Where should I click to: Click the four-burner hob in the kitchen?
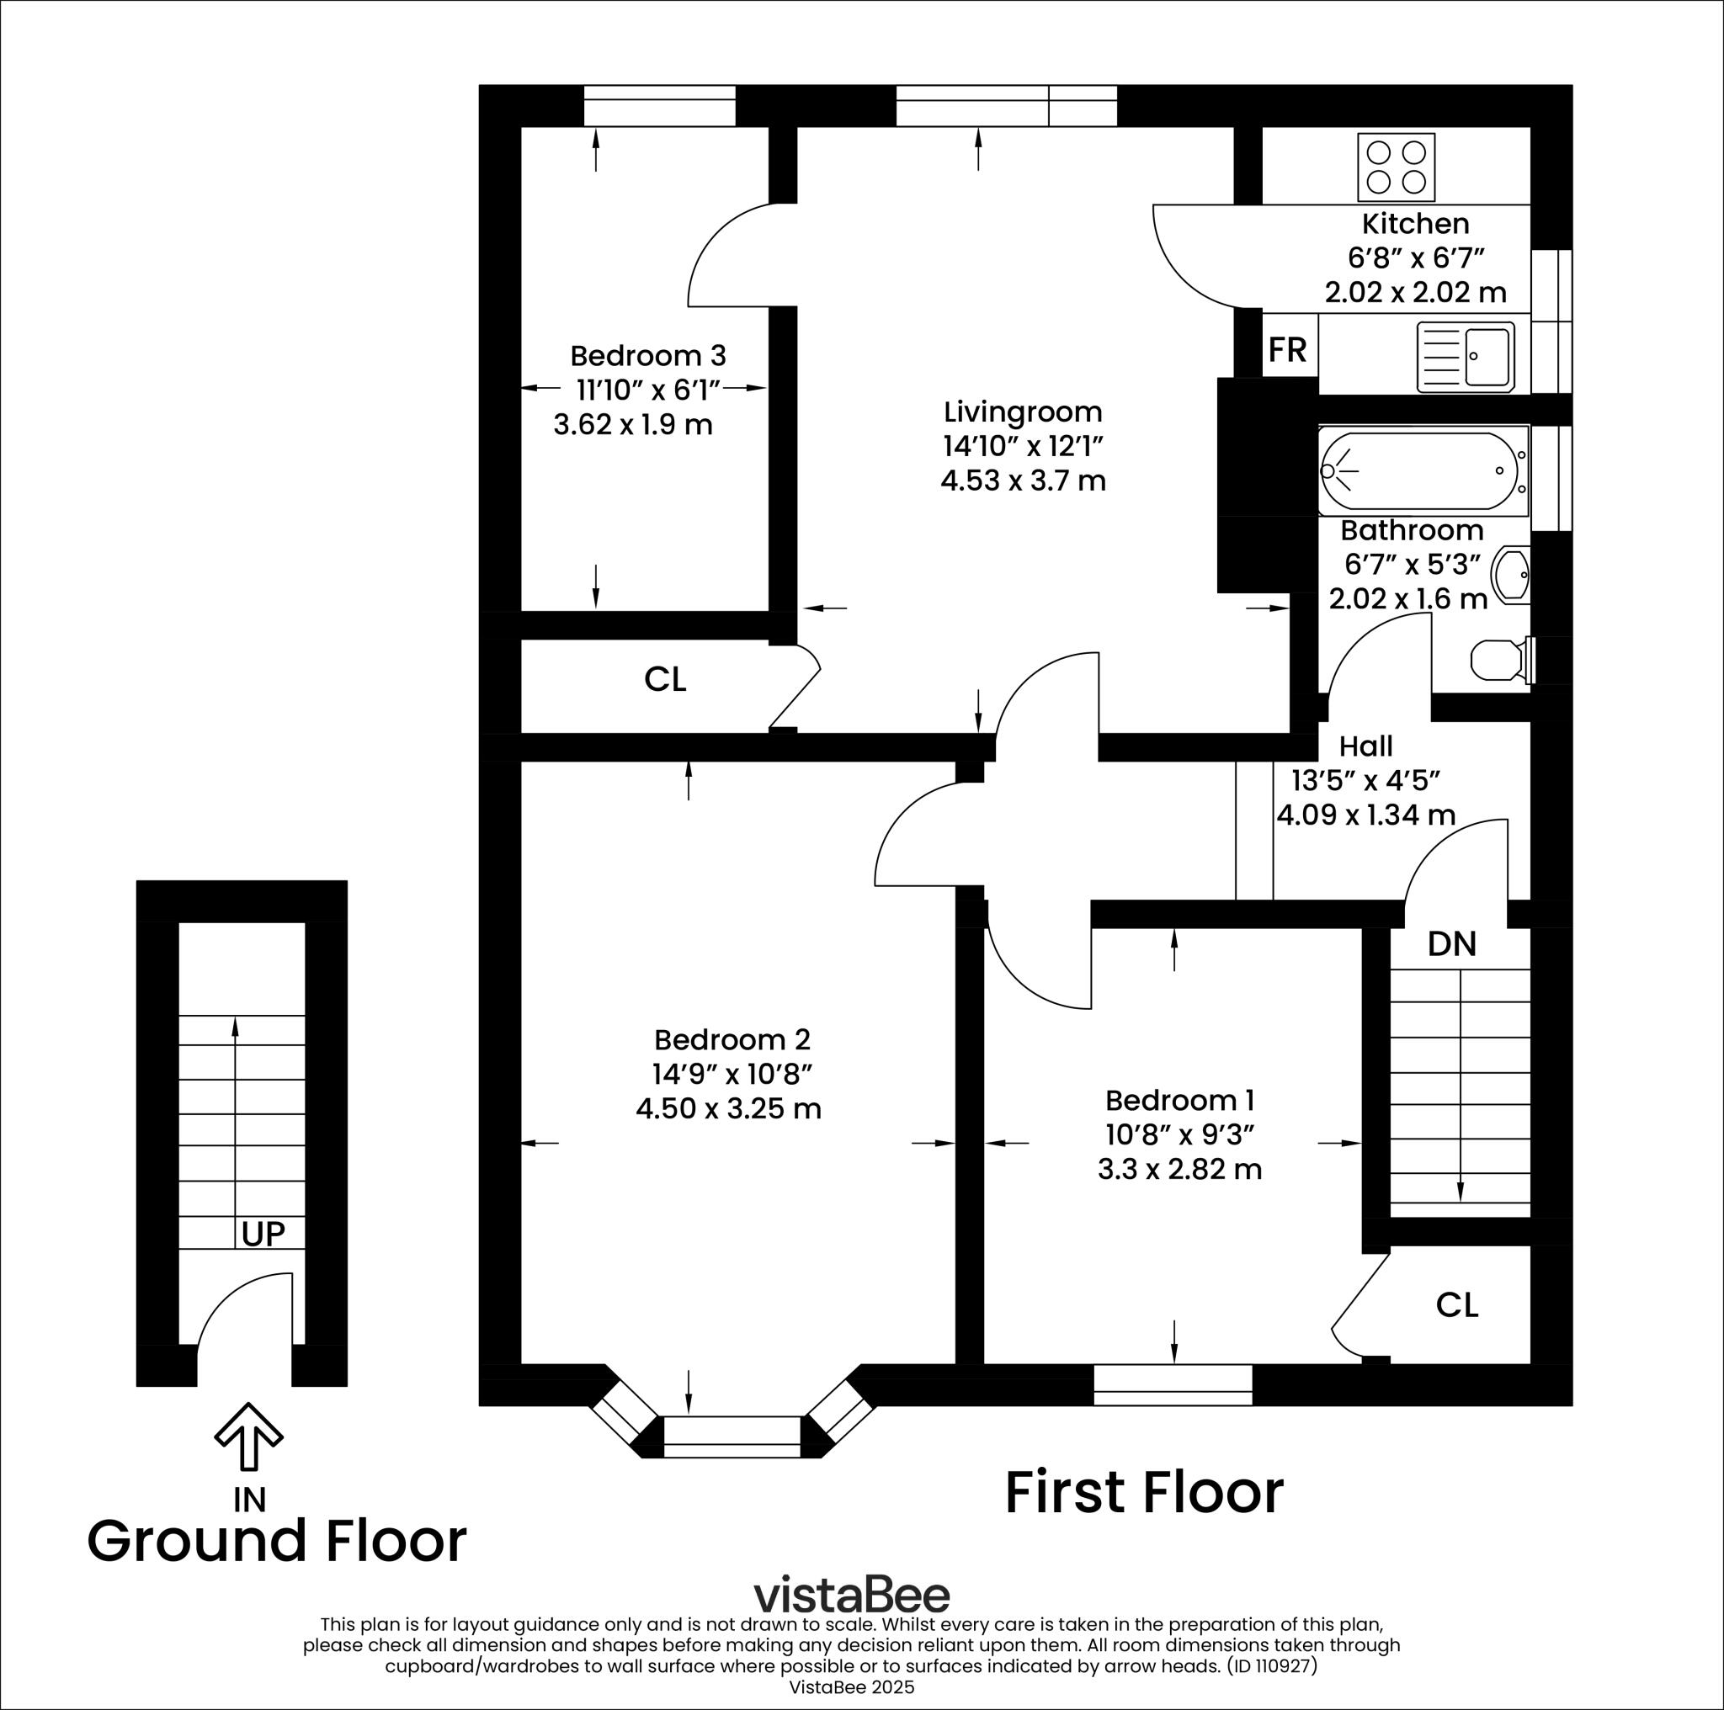(1396, 167)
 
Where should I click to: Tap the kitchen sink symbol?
(1466, 357)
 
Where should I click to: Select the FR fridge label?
(1287, 350)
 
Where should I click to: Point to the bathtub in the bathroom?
(1423, 471)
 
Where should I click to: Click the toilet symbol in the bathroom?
(1499, 660)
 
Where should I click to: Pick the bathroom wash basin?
(1512, 575)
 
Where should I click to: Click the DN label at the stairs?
(1452, 943)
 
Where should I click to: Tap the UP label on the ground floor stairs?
(263, 1234)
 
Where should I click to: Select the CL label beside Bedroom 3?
(665, 680)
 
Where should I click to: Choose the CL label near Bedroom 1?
(1456, 1305)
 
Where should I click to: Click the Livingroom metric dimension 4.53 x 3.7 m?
(1023, 481)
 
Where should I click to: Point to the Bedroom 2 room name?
(732, 1040)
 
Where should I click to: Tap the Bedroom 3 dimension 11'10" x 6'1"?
(648, 390)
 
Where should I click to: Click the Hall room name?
(1365, 746)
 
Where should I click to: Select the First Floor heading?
(1144, 1493)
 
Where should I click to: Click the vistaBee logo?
(851, 1595)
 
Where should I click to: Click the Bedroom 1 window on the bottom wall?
(1173, 1385)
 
